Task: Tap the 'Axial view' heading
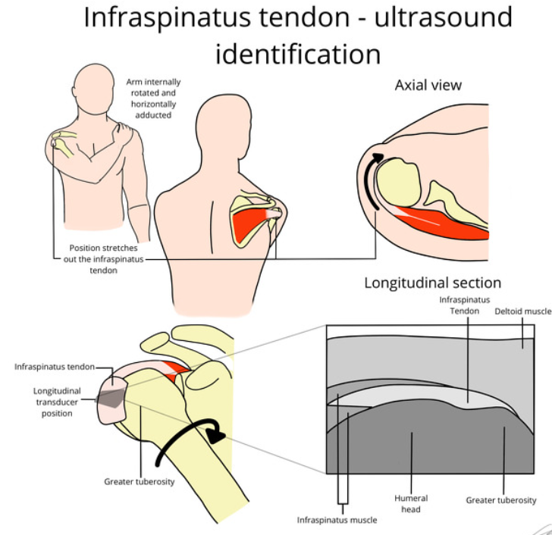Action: (x=428, y=84)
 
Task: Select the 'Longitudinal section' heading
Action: (x=432, y=283)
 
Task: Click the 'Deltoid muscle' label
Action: (x=522, y=311)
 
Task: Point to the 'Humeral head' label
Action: (x=411, y=503)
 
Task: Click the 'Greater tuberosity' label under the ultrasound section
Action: (x=500, y=500)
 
